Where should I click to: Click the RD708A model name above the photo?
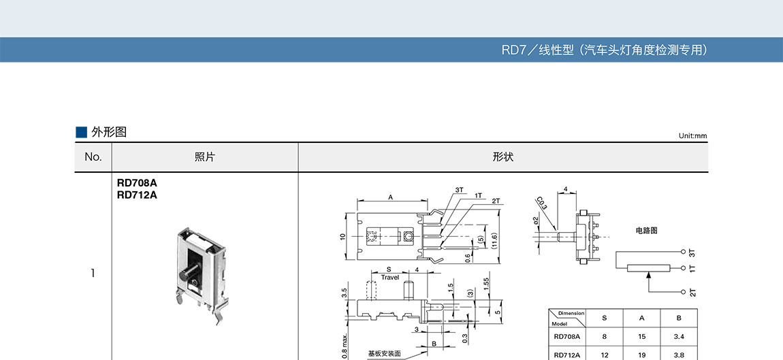coord(137,184)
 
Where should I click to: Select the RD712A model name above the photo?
coord(137,195)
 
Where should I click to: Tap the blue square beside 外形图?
coord(82,132)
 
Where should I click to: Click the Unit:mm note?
coord(692,136)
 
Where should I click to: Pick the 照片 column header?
coord(205,157)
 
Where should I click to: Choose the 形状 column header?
coord(503,157)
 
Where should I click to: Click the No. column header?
coord(93,157)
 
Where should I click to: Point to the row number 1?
coord(93,273)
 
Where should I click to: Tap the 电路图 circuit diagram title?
coord(646,231)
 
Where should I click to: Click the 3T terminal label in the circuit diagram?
coord(692,252)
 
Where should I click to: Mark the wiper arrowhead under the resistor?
coord(649,274)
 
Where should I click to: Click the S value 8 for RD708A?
coord(604,337)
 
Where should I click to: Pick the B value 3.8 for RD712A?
coord(679,355)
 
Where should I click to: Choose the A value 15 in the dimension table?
coord(641,337)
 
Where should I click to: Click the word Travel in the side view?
coord(390,278)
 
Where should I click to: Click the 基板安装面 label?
coord(385,353)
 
